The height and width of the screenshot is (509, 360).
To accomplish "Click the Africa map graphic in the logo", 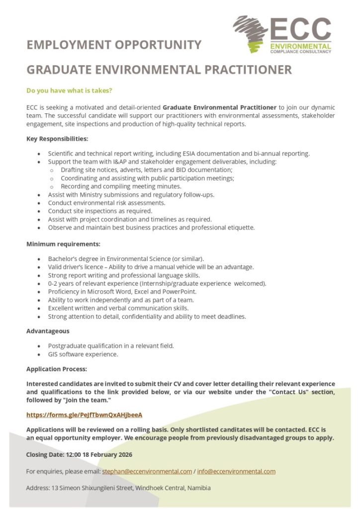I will pyautogui.click(x=252, y=33).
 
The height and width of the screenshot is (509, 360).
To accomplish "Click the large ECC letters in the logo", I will pyautogui.click(x=301, y=30).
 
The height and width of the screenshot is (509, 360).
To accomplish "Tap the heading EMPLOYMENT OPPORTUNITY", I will pyautogui.click(x=114, y=45).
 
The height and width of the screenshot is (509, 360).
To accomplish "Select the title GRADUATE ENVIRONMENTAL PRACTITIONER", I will pyautogui.click(x=159, y=70).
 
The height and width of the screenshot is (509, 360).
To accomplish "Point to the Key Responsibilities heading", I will pyautogui.click(x=57, y=139).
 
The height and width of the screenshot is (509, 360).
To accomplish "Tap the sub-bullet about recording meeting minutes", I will pyautogui.click(x=121, y=186).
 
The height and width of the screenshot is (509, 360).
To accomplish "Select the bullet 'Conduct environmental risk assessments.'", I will pyautogui.click(x=106, y=203).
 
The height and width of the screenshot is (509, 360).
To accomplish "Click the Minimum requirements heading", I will pyautogui.click(x=63, y=244).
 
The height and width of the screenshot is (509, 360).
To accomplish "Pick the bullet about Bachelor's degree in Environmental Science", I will pyautogui.click(x=126, y=259).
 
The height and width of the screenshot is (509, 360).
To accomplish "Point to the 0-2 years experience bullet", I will pyautogui.click(x=157, y=283).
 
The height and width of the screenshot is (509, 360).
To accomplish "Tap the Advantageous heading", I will pyautogui.click(x=48, y=331).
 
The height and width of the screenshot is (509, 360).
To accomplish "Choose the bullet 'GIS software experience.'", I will pyautogui.click(x=83, y=354).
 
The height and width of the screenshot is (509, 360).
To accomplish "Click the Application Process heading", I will pyautogui.click(x=57, y=369).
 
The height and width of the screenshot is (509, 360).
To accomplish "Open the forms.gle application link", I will pyautogui.click(x=84, y=414).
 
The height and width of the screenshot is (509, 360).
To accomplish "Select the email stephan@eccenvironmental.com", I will pyautogui.click(x=147, y=471).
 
